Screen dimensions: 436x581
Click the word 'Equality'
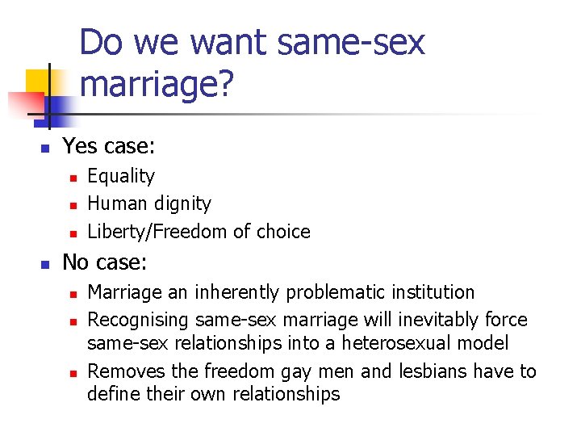[121, 176]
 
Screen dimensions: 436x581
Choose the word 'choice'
[282, 232]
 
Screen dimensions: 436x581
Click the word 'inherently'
[228, 292]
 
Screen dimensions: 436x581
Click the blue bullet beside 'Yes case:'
[45, 148]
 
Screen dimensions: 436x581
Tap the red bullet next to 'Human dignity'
[72, 205]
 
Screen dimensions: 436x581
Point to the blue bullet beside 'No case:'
[45, 264]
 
